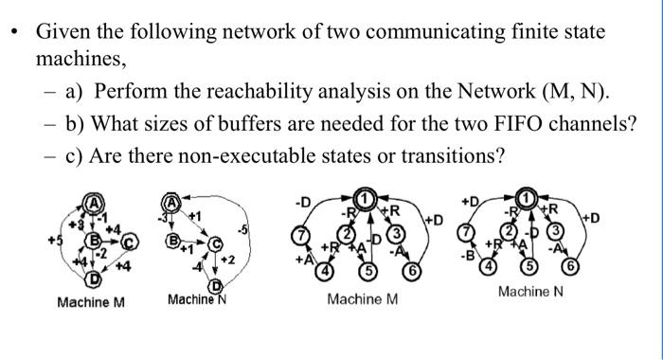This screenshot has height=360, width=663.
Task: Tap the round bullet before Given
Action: pyautogui.click(x=14, y=33)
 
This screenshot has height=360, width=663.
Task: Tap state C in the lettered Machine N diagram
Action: pyautogui.click(x=216, y=244)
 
